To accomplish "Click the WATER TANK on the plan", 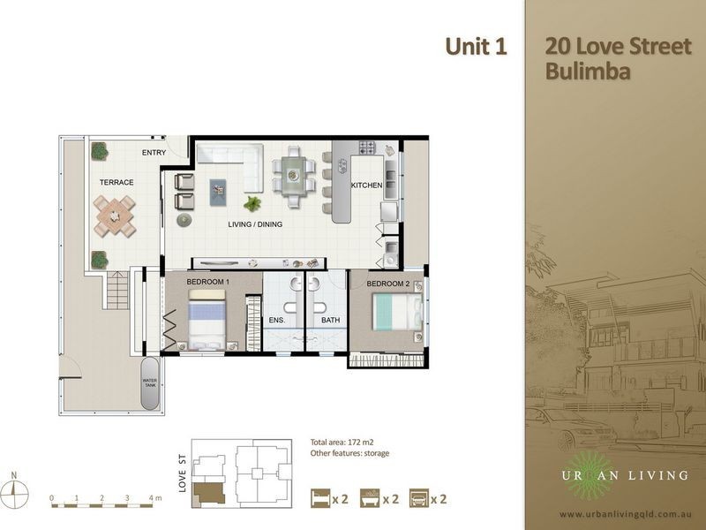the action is tap(150, 383).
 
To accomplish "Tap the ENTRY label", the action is tap(154, 153).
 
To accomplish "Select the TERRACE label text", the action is tap(116, 183).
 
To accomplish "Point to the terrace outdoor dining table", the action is tap(115, 216).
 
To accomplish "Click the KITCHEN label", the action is tap(366, 185).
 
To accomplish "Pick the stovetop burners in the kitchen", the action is tap(366, 148).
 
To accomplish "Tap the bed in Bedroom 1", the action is tap(207, 320).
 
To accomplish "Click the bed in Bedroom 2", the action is tap(397, 312).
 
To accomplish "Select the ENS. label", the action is tap(277, 321).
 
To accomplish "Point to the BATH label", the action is tap(330, 320).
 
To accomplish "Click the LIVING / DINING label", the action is tap(255, 224).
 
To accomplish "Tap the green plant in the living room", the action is tap(252, 204).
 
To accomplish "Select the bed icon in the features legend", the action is tap(320, 498).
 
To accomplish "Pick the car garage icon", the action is tap(418, 498).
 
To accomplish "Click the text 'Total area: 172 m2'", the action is tap(342, 443).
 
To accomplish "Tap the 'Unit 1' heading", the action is tap(476, 47).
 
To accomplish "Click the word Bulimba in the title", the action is tap(588, 72).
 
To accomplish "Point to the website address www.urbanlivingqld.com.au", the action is tap(626, 514).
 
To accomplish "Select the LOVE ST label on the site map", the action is tap(182, 473).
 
